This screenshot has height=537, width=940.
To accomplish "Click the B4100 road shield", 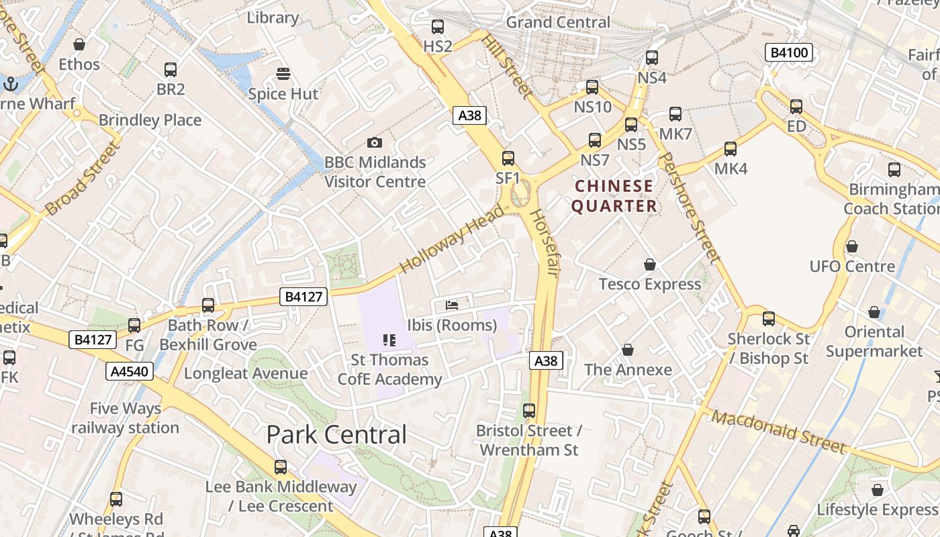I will point(790,52).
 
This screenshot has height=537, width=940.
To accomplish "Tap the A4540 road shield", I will point(129,371).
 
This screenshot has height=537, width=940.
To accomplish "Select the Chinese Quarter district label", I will point(614,196).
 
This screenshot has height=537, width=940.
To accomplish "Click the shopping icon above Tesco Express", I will point(649,264).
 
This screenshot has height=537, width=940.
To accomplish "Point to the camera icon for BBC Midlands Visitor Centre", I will point(375,142).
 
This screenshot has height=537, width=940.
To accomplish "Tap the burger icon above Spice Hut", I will point(283,74).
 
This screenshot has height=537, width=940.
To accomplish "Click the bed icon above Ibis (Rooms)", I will point(452,305).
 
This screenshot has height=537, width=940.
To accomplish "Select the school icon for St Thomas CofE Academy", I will point(389,340).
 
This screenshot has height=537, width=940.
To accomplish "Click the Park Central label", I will point(336,434).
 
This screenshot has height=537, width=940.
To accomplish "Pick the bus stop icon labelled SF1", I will point(508,158).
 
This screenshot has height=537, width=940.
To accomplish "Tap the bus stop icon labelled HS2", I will point(438,27).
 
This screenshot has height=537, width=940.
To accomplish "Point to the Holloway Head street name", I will point(451,240).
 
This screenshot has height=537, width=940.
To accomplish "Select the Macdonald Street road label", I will point(778,432).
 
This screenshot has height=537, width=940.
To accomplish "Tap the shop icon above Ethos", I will point(79,45).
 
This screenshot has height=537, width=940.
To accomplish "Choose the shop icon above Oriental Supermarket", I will point(874,312).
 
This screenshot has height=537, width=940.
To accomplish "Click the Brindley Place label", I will point(150,120).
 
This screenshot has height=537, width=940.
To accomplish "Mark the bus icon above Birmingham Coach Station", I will point(894,169).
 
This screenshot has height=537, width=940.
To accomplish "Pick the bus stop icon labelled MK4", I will point(731,149).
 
